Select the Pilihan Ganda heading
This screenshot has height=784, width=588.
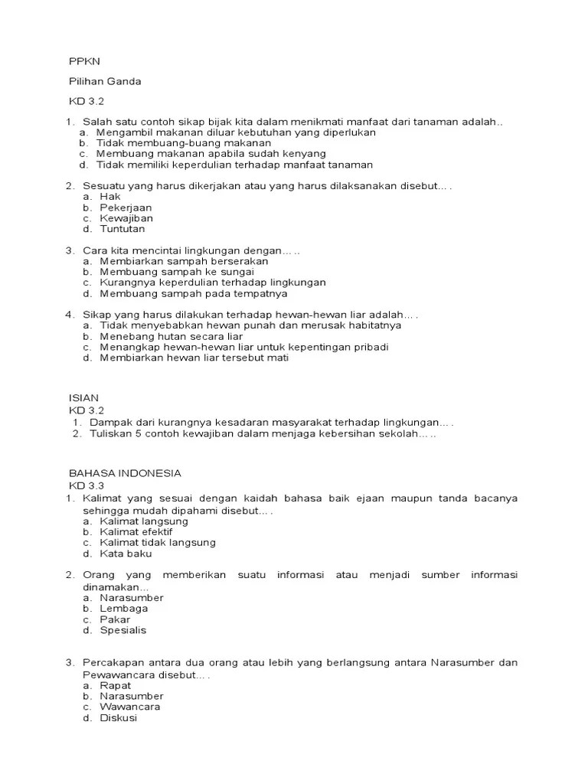(x=105, y=81)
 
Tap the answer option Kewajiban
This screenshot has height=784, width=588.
(x=126, y=218)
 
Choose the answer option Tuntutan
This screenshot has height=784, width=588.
(x=122, y=229)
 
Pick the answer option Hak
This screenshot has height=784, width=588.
(x=110, y=197)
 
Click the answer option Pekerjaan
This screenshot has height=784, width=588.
(x=126, y=207)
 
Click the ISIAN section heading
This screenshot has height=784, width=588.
(x=83, y=398)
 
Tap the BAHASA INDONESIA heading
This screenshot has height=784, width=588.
(x=125, y=473)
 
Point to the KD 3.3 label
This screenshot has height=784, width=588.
(x=86, y=485)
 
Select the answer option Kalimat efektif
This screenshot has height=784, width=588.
(x=136, y=531)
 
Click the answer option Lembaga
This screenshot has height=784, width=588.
(x=123, y=609)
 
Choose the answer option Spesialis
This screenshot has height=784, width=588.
(x=122, y=630)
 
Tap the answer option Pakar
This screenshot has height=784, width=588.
(x=115, y=619)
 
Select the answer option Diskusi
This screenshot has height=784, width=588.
(x=118, y=718)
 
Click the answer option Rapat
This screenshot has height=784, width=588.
(x=115, y=686)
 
